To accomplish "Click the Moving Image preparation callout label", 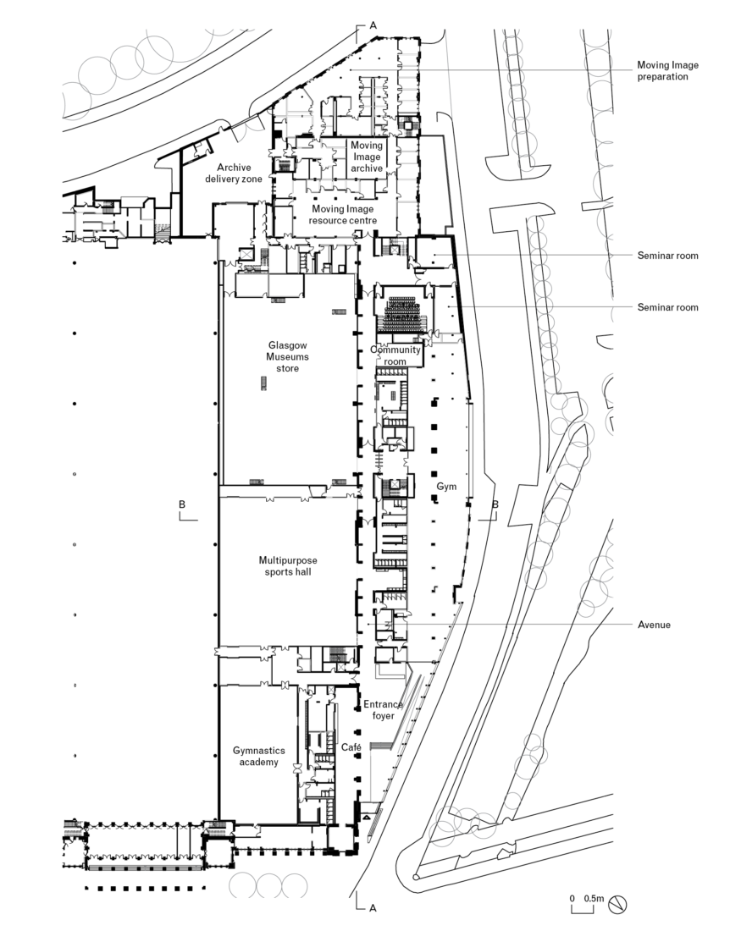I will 668,69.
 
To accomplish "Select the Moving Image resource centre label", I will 343,214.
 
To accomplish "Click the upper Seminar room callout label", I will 668,256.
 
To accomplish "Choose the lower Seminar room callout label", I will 668,307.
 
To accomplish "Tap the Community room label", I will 395,355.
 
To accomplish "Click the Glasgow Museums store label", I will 288,356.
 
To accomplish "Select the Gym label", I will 446,488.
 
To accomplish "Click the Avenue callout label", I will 654,625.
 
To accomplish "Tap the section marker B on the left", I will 183,504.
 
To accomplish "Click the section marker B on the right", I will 495,505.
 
